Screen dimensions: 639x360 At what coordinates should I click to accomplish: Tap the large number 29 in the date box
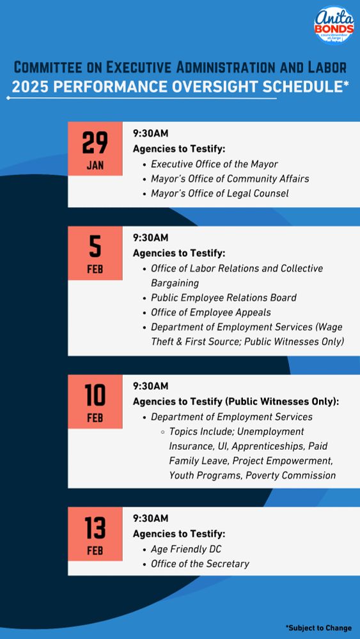tap(95, 142)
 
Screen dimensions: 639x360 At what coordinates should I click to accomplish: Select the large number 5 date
tap(95, 246)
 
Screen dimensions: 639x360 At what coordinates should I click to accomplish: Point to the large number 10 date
tap(95, 396)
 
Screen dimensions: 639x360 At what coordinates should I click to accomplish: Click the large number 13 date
tap(95, 528)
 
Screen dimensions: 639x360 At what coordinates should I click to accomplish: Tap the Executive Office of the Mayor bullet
tap(214, 164)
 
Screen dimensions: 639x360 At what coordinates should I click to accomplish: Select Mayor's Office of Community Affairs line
tap(230, 179)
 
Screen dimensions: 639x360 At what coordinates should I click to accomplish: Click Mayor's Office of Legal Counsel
tap(219, 194)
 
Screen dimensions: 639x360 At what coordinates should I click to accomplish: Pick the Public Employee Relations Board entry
tap(223, 298)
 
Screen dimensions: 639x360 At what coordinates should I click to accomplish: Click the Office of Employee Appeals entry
tap(210, 312)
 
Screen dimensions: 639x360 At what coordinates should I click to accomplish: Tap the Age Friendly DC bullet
tap(186, 549)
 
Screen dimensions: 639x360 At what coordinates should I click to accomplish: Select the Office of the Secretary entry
tap(200, 564)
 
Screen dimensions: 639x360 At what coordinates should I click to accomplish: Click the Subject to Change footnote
tap(318, 628)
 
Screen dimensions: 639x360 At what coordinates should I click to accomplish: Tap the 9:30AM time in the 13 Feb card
tap(150, 518)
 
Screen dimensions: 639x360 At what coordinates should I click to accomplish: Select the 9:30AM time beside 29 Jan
tap(150, 134)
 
